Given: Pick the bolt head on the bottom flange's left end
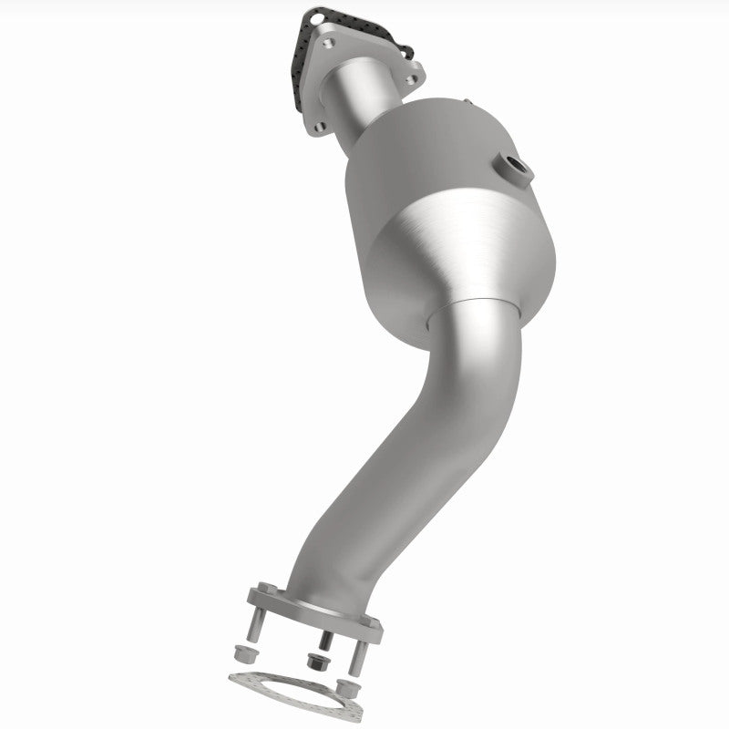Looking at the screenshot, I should pyautogui.click(x=265, y=588).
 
